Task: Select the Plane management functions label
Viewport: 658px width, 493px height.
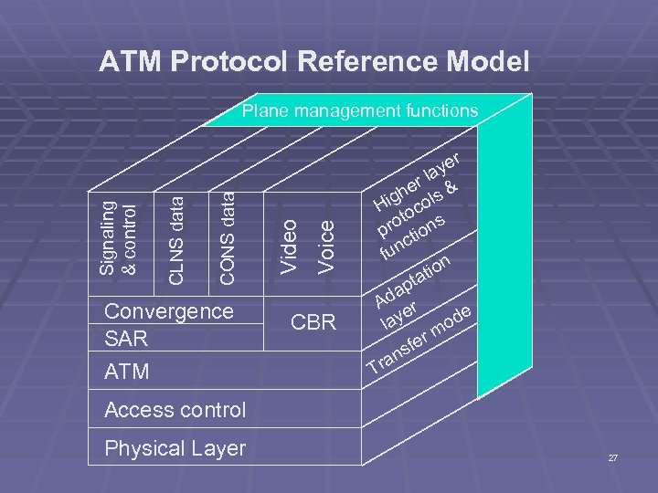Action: (x=359, y=111)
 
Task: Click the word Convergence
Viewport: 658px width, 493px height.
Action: (x=169, y=310)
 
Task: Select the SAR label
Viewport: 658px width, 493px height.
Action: (x=125, y=339)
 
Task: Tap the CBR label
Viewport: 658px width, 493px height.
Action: (x=313, y=322)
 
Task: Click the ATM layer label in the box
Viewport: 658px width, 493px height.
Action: (x=127, y=372)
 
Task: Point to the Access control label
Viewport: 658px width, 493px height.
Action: (x=175, y=410)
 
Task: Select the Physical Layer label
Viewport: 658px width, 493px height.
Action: (x=175, y=448)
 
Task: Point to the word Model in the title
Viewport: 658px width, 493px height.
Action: (x=489, y=61)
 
